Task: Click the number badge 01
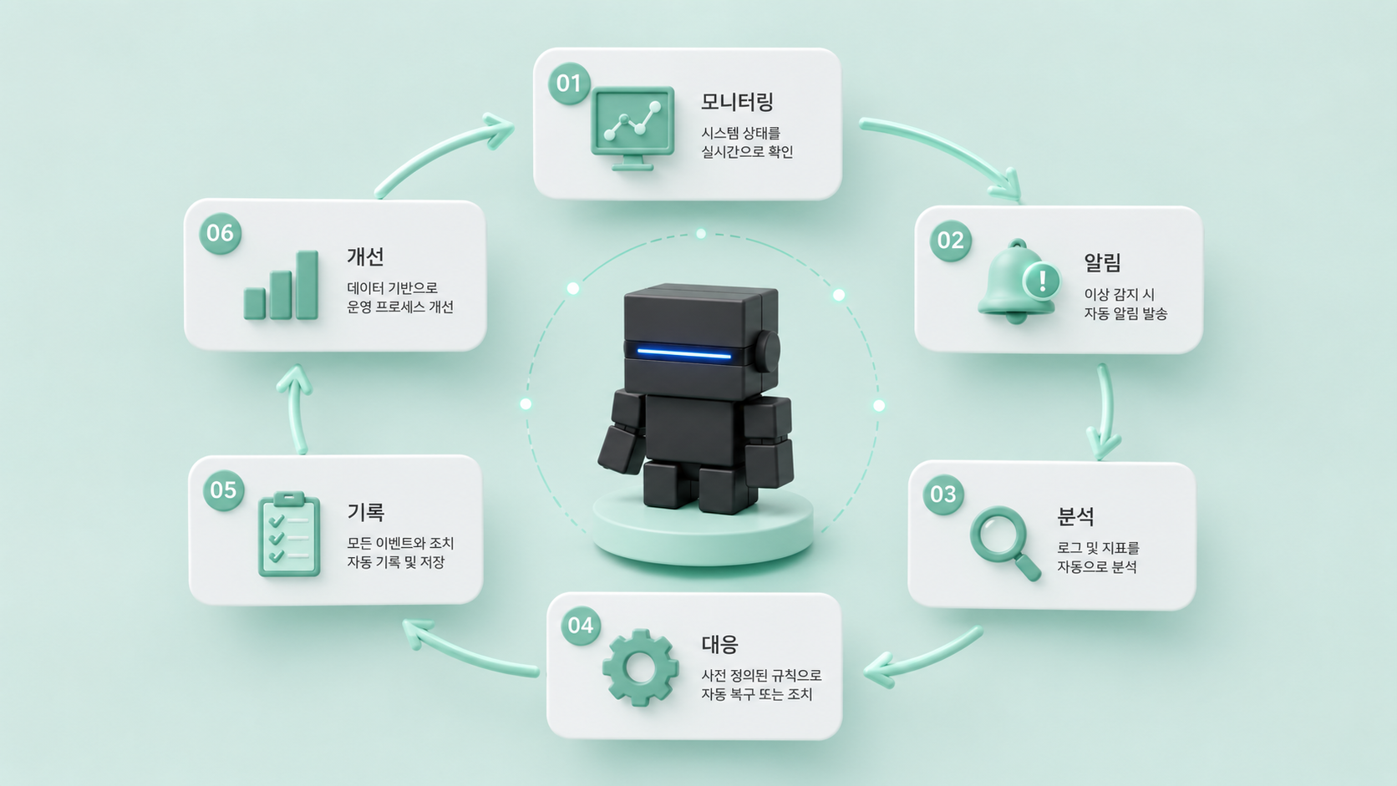tap(569, 83)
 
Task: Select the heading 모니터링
tap(737, 102)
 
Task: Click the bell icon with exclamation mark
tap(1019, 281)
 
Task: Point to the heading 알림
tap(1103, 262)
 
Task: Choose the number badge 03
tap(943, 494)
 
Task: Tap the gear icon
tap(641, 667)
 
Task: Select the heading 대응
tap(719, 644)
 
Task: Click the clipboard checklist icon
tap(289, 535)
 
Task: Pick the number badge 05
tap(223, 490)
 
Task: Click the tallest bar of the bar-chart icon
tap(307, 285)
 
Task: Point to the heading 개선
tap(365, 256)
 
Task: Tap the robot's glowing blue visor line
tap(684, 353)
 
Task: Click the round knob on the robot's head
tap(768, 351)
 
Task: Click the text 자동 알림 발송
tap(1125, 313)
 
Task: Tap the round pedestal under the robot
tap(703, 527)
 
